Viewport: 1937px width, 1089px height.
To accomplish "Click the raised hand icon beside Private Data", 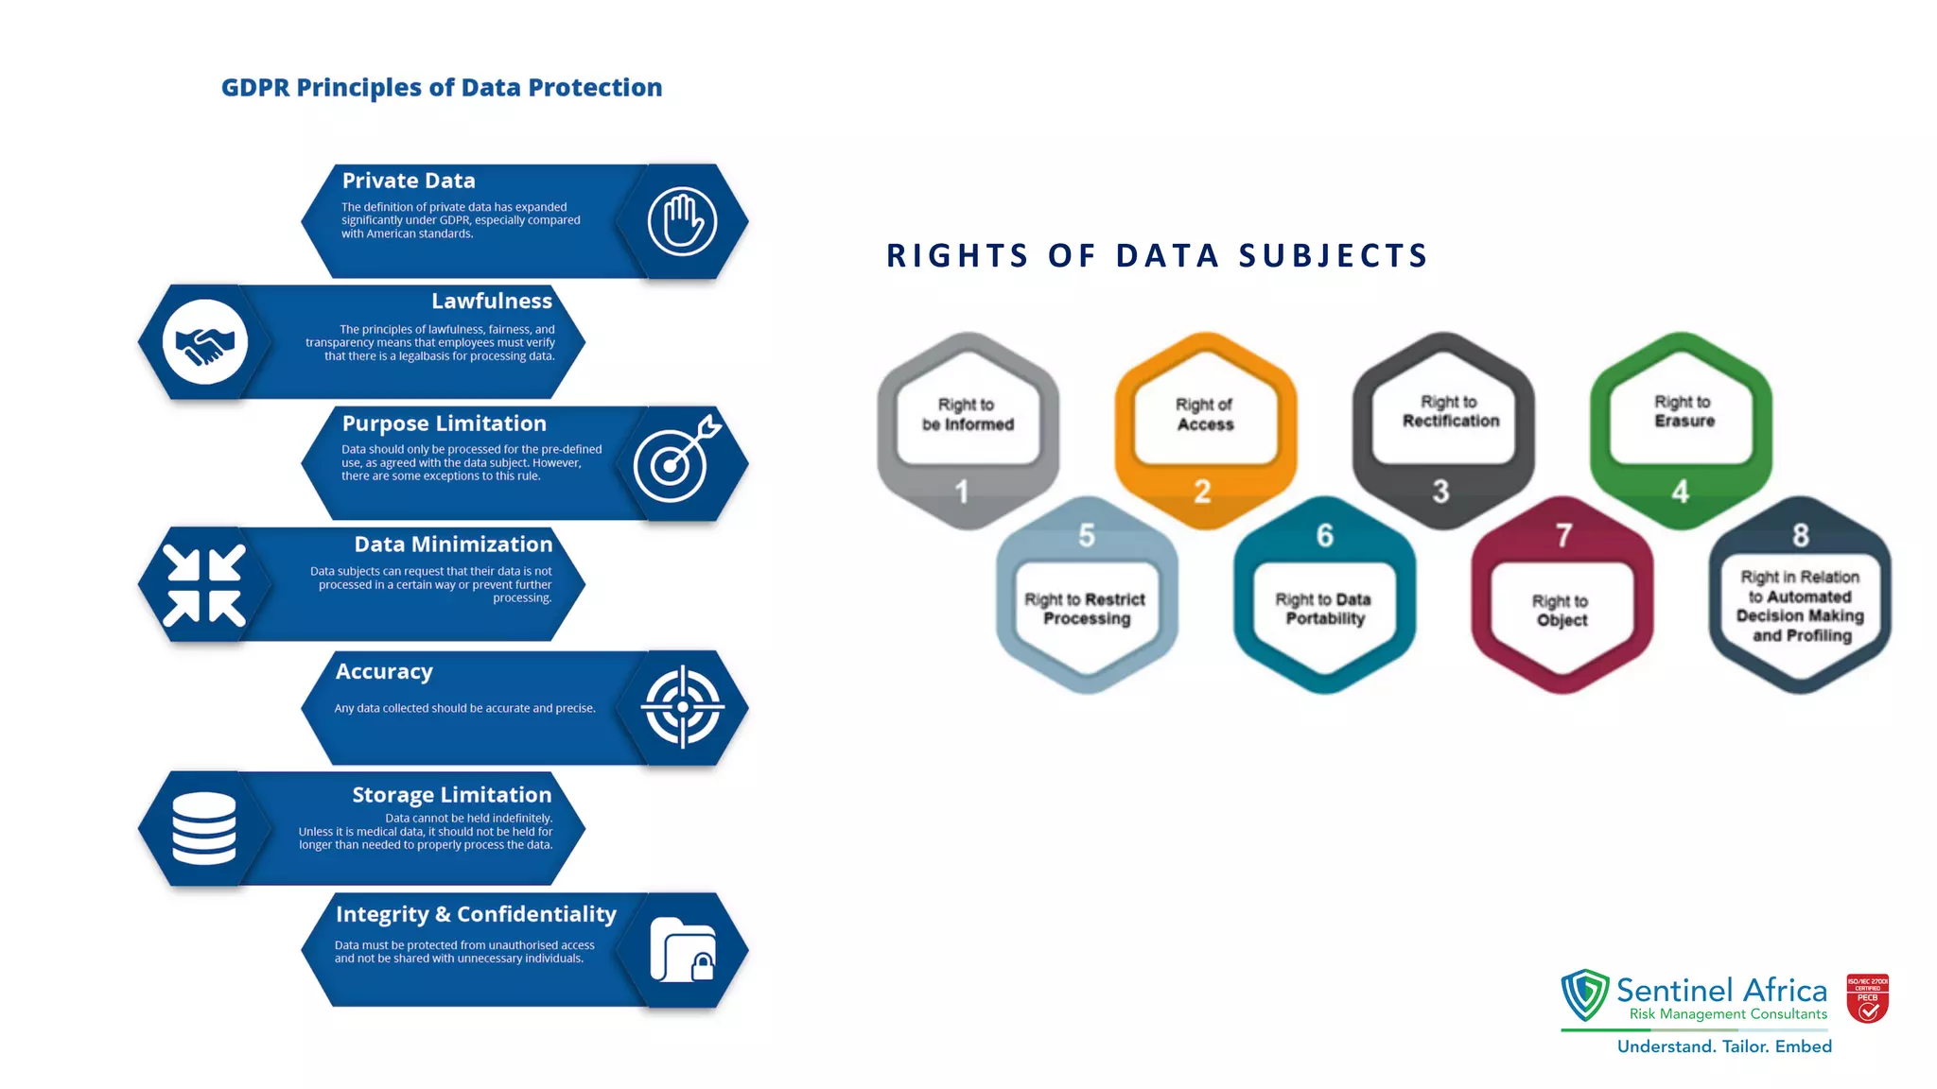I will coord(682,221).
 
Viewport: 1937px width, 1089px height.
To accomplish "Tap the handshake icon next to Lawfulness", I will coord(204,342).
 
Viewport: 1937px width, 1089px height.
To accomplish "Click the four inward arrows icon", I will coord(204,585).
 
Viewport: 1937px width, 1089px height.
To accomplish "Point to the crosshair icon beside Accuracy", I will coord(682,707).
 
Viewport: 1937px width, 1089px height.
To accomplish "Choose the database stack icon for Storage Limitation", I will coord(204,828).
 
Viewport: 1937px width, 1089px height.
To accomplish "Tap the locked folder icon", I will coord(682,950).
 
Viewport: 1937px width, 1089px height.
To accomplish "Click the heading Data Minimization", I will coord(453,544).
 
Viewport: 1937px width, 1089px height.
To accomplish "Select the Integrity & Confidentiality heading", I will coord(476,914).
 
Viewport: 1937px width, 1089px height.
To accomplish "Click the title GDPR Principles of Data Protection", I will coord(442,88).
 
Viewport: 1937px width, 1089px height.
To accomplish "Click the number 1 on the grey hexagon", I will coord(962,492).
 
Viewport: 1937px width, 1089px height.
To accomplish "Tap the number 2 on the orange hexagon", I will coord(1202,492).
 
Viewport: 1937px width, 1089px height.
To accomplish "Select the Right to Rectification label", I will coord(1450,412).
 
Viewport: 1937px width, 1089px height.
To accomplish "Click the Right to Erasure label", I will coord(1684,412).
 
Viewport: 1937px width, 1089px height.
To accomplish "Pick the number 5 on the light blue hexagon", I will coord(1087,536).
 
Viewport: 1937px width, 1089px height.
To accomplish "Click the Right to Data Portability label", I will coord(1324,609).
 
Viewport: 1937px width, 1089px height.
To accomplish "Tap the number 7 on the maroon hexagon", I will coord(1563,536).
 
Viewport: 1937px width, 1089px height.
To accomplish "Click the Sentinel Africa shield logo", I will coord(1585,995).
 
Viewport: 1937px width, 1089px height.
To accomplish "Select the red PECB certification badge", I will coord(1867,999).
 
